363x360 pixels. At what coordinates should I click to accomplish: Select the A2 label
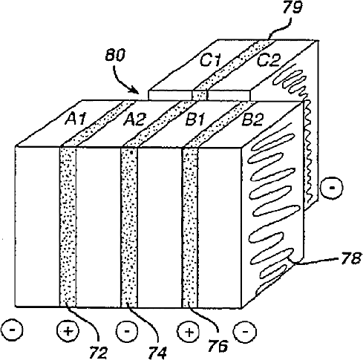tap(135, 119)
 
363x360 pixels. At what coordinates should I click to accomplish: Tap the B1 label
tap(196, 119)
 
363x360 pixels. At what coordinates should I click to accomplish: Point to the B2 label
tap(252, 119)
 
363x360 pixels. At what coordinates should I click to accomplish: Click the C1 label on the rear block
tap(210, 60)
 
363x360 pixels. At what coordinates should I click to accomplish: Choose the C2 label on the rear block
tap(269, 60)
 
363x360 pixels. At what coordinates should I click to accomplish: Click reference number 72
tap(98, 353)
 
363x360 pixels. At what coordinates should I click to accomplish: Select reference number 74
tap(158, 353)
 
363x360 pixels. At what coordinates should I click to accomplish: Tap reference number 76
tap(218, 345)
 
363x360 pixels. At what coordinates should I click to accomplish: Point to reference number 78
tap(351, 258)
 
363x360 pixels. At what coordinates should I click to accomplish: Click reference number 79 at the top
tap(292, 7)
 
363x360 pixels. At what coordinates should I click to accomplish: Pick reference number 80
tap(115, 55)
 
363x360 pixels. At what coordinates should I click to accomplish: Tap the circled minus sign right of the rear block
tap(332, 187)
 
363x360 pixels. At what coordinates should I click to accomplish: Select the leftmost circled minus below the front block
tap(12, 330)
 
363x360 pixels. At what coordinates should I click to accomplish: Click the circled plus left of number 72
tap(68, 331)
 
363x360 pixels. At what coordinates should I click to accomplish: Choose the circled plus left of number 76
tap(189, 332)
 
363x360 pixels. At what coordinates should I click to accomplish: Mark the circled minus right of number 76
tap(245, 332)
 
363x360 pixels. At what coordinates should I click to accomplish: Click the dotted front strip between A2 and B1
tap(128, 227)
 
